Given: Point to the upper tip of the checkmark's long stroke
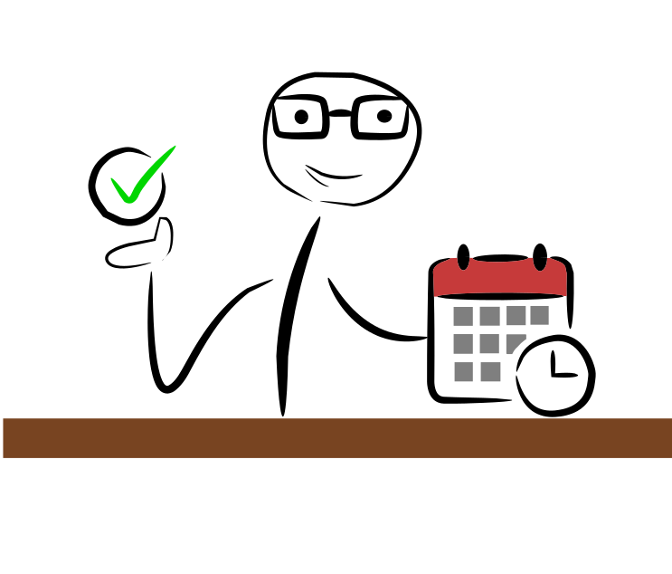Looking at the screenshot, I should (175, 147).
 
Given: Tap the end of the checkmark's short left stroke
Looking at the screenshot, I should (112, 179).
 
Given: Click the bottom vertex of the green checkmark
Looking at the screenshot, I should (128, 201).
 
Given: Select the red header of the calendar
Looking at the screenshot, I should (500, 279).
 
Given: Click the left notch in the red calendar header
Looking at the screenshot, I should (463, 263).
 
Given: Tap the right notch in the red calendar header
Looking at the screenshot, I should (540, 263).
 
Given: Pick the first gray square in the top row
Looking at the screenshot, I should (463, 316).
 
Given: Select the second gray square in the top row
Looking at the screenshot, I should (489, 316).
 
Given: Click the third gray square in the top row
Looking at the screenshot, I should (516, 315).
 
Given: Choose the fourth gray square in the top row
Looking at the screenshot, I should (539, 315).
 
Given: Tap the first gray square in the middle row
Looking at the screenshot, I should (463, 344).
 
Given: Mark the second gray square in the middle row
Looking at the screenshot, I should (489, 344).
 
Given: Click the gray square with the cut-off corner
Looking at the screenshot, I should (513, 342).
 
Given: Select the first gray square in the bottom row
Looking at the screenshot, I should (463, 372).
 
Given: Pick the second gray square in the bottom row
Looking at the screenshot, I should (490, 372).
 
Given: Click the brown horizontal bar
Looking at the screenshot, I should (336, 438).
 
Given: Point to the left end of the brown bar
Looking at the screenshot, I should (5, 438).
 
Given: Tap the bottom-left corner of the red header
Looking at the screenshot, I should (435, 295).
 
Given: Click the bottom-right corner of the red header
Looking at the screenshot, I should (566, 294).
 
